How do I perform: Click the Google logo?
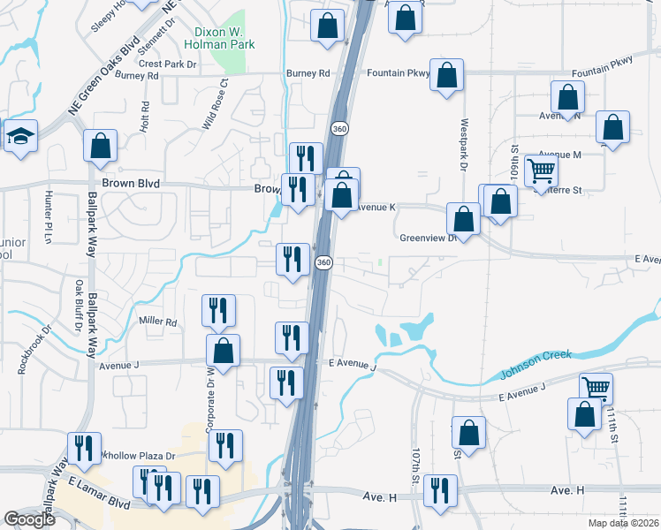pyautogui.click(x=29, y=519)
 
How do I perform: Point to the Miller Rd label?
pyautogui.click(x=158, y=322)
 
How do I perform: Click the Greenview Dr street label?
pyautogui.click(x=427, y=238)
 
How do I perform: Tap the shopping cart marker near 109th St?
pyautogui.click(x=541, y=169)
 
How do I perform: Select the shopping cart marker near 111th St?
pyautogui.click(x=596, y=386)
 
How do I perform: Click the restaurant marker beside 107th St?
pyautogui.click(x=440, y=490)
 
